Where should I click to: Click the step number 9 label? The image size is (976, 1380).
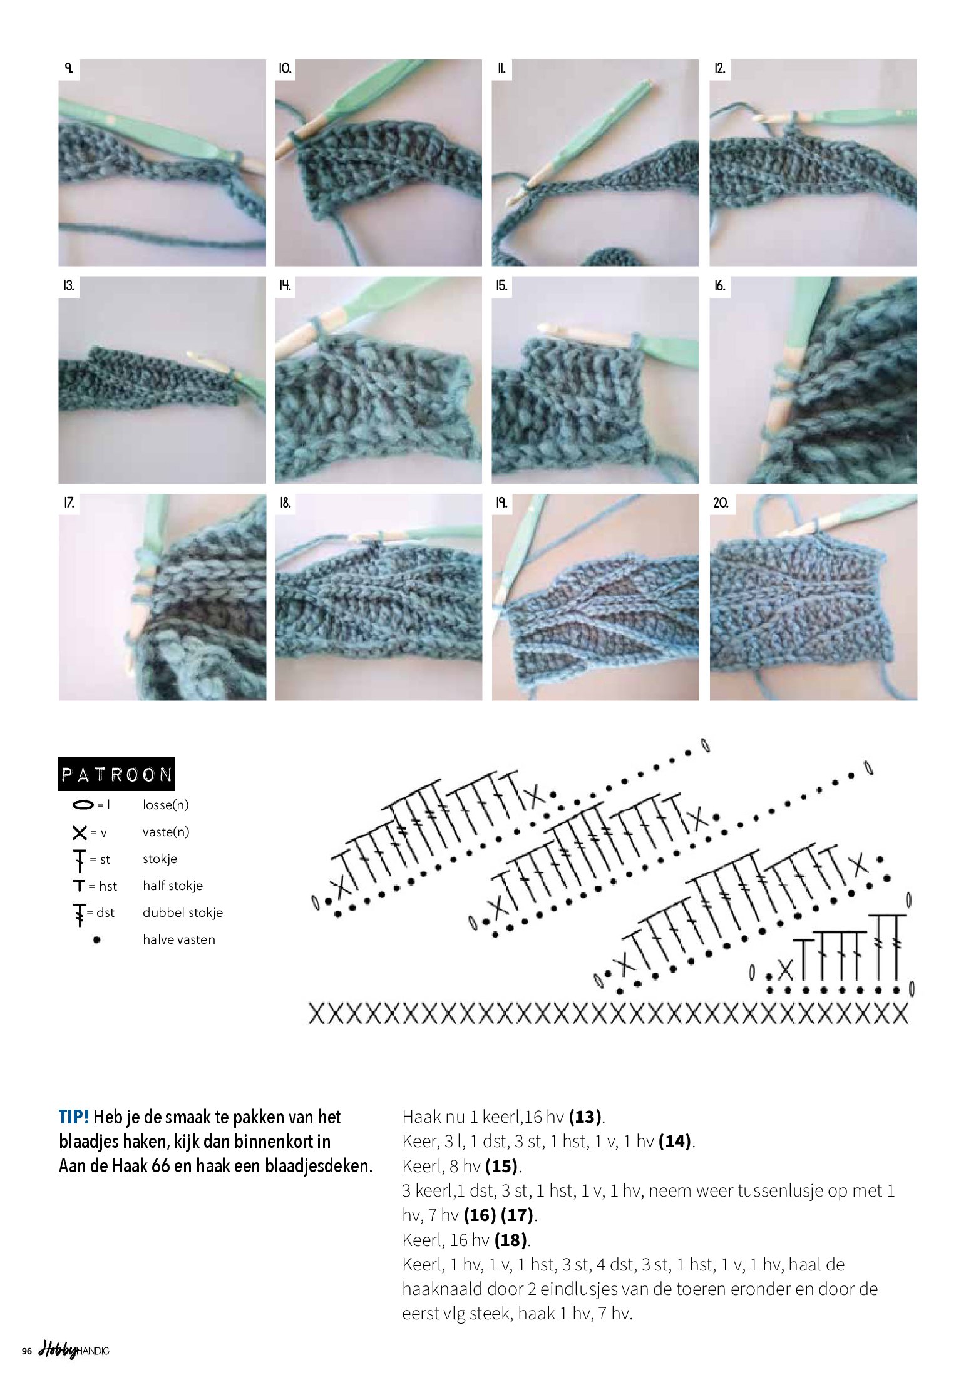(x=68, y=68)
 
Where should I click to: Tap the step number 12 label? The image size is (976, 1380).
(x=719, y=68)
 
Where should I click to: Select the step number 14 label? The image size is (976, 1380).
(x=285, y=286)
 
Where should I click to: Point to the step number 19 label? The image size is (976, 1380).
(x=501, y=503)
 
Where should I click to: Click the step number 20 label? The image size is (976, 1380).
(x=720, y=503)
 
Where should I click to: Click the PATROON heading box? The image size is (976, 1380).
(x=116, y=775)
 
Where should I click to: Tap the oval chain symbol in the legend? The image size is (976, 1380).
(x=83, y=805)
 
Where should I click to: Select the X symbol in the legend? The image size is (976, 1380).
(x=80, y=832)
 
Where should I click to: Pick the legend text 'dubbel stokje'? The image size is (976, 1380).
(x=183, y=912)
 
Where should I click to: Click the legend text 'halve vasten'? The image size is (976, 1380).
(x=179, y=939)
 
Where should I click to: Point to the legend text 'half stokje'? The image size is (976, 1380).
(x=173, y=886)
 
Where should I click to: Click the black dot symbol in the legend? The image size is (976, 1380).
(x=96, y=939)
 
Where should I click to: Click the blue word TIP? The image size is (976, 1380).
(x=74, y=1117)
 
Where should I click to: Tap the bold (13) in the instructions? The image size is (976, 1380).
(x=585, y=1117)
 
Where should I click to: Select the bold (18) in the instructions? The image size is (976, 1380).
(x=511, y=1240)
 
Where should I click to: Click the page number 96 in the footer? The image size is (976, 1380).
(x=26, y=1351)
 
